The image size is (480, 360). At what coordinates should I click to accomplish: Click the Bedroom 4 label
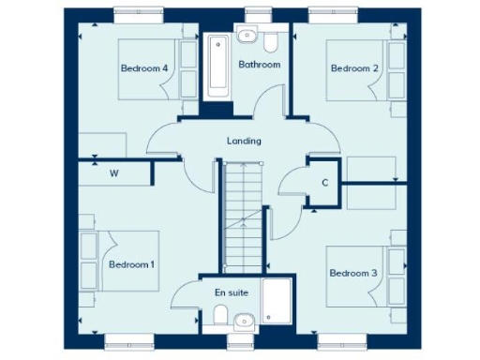tap(143, 68)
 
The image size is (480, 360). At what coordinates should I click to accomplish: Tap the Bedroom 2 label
tap(354, 68)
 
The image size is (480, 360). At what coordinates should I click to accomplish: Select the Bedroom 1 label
tap(131, 264)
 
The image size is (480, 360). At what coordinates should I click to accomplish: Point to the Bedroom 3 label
tap(352, 273)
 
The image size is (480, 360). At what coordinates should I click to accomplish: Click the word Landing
tap(244, 142)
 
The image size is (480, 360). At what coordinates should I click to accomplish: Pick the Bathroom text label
tap(259, 65)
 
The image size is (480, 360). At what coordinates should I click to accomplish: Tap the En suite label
tap(232, 292)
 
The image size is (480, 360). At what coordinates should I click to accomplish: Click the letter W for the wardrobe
tap(114, 173)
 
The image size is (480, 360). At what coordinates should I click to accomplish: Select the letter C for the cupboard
tap(324, 182)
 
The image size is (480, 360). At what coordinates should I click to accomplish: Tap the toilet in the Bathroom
tap(271, 42)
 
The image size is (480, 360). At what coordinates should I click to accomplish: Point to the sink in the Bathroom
tap(247, 37)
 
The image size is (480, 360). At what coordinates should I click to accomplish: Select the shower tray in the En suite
tap(278, 301)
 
